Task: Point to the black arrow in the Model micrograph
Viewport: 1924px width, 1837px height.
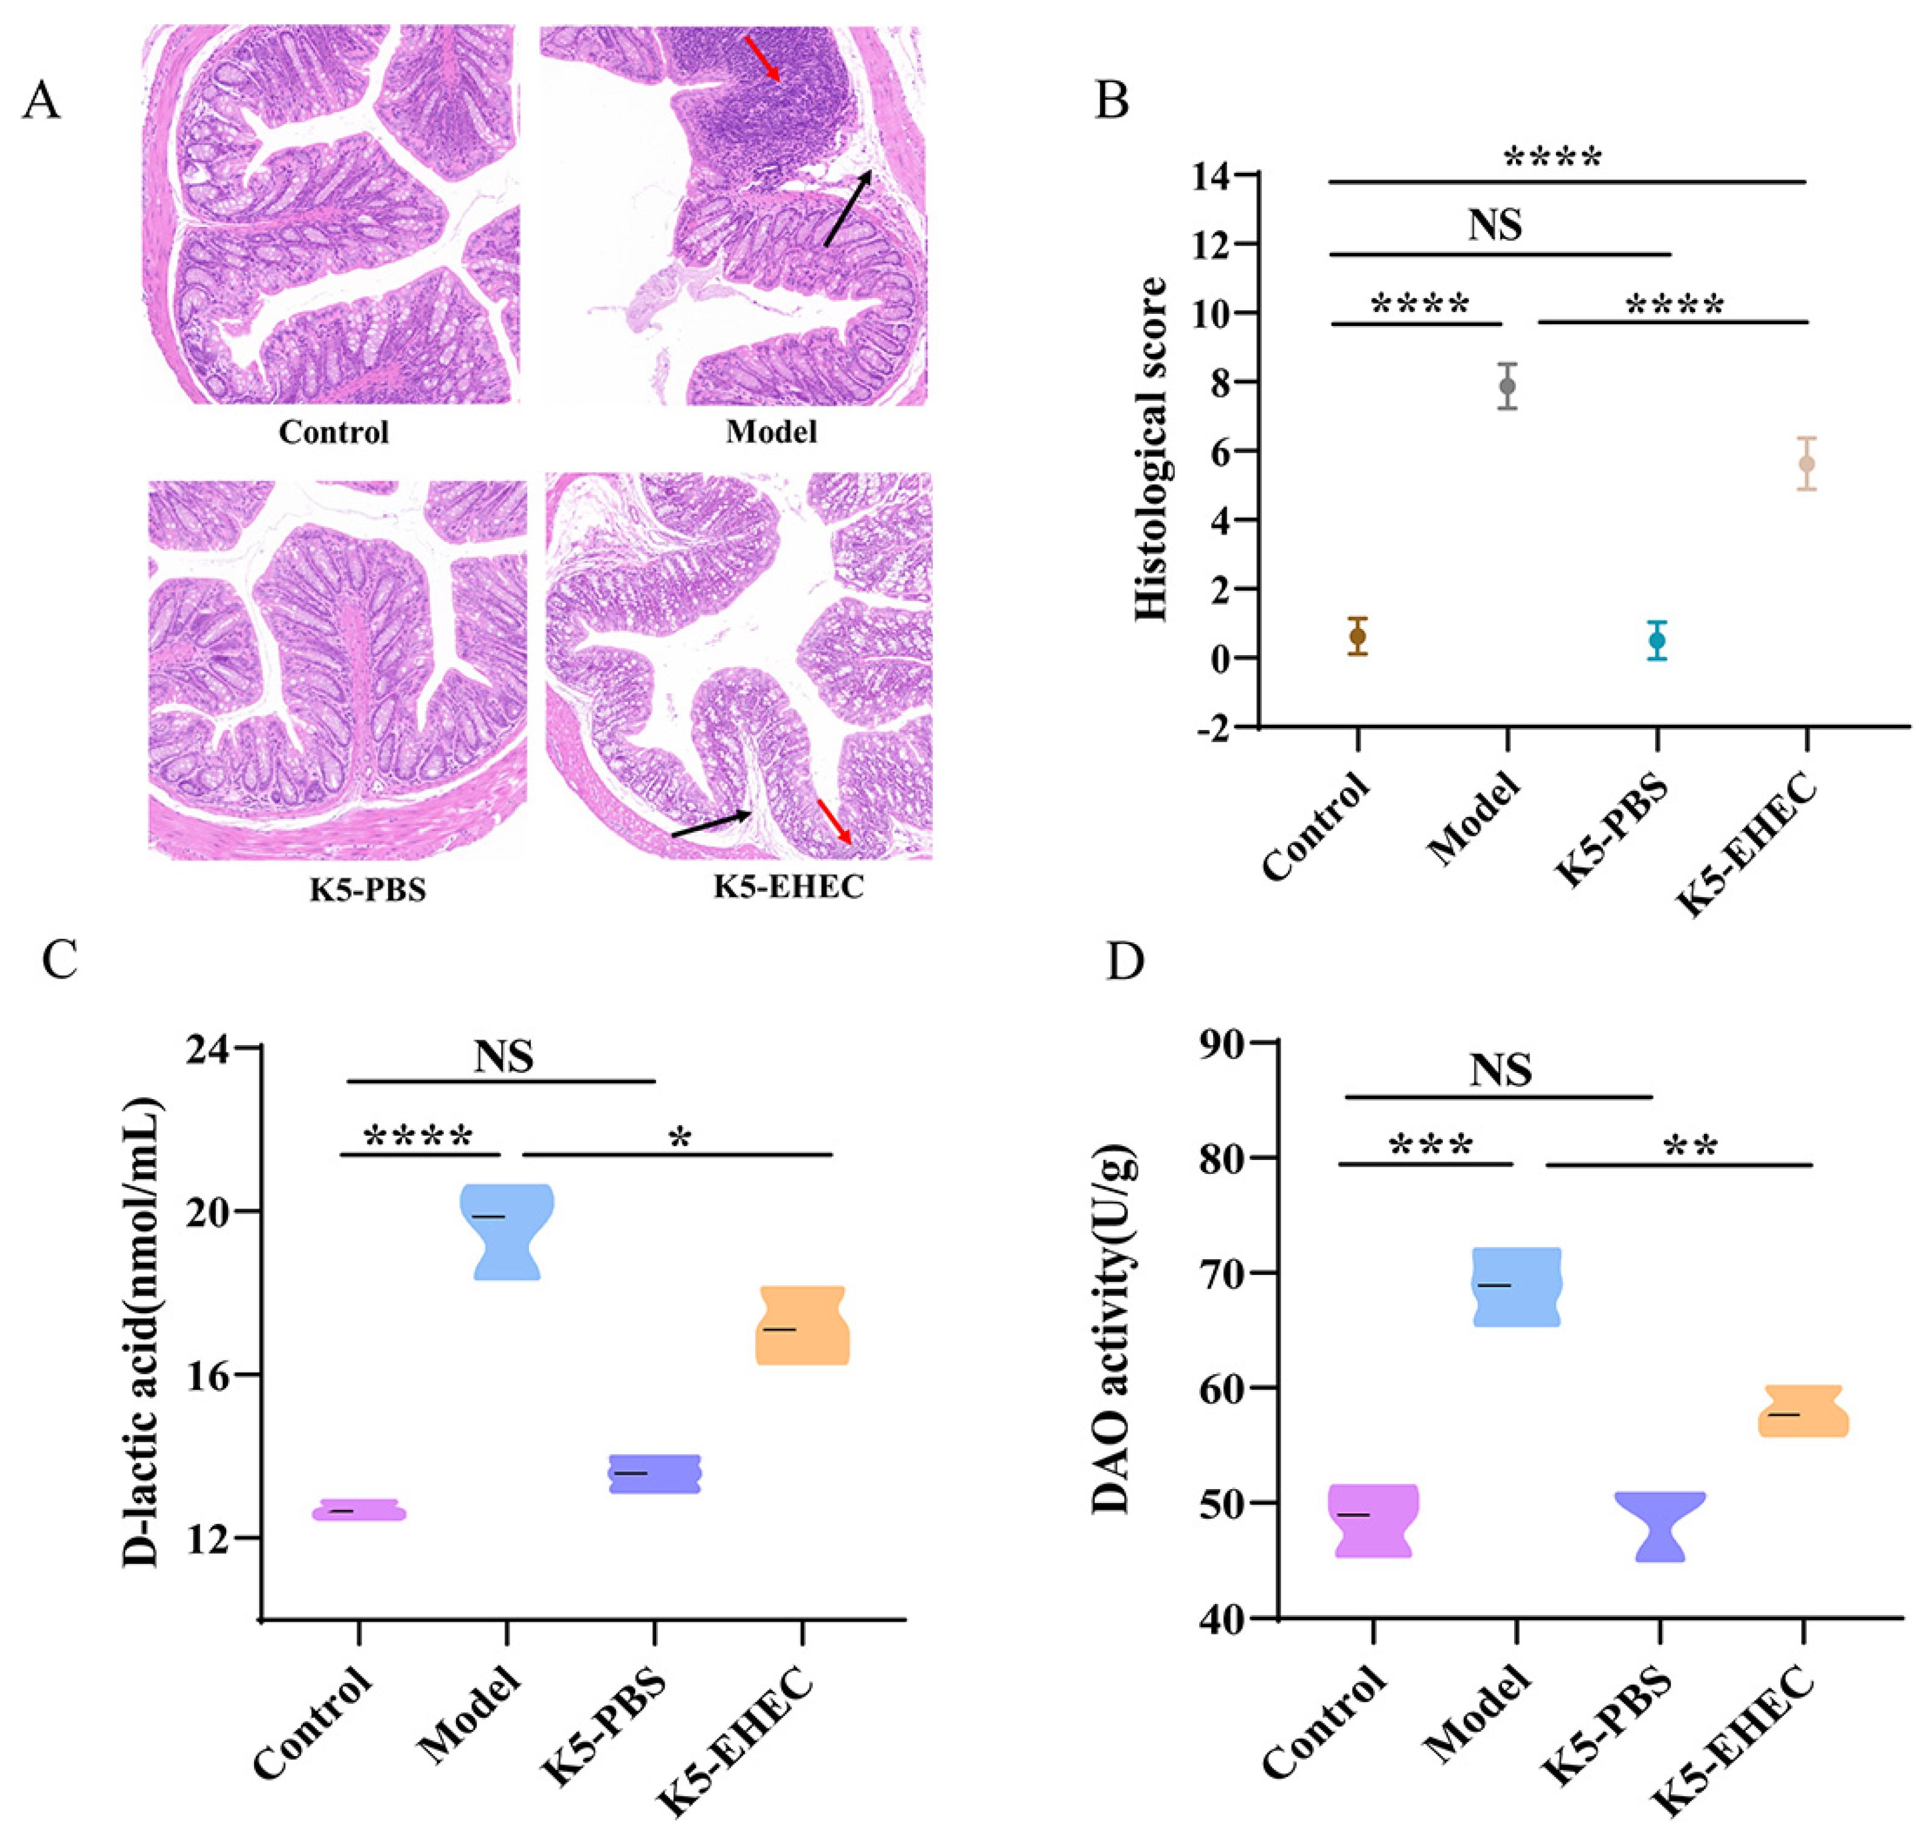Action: [847, 209]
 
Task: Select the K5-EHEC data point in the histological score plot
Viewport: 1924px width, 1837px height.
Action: [1807, 463]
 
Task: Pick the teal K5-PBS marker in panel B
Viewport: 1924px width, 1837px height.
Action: [1656, 641]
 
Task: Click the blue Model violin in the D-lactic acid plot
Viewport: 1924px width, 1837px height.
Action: [506, 1231]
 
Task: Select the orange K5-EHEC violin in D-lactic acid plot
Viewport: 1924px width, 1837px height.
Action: [802, 1325]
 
